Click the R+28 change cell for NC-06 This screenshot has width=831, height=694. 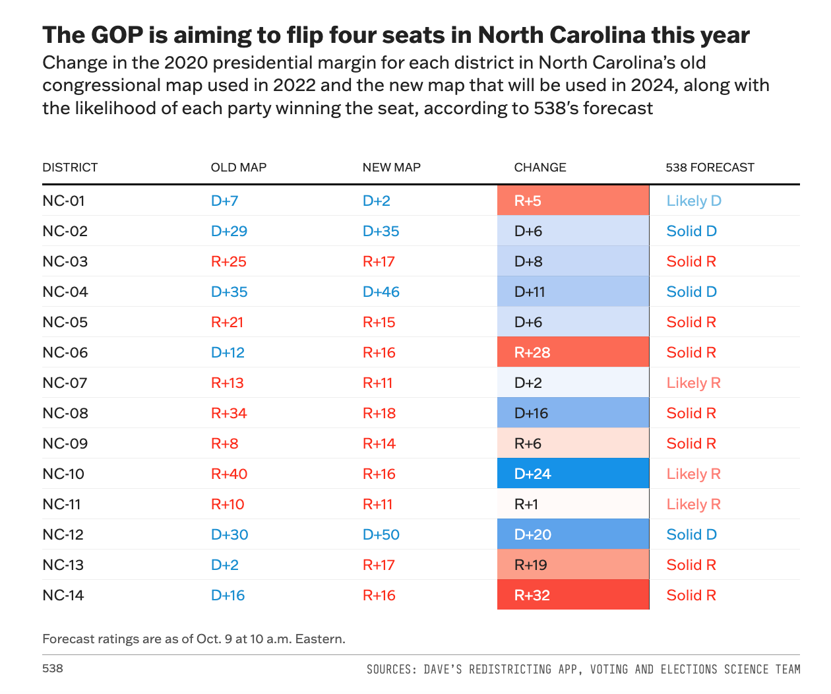click(572, 352)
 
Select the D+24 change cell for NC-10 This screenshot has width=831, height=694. click(572, 474)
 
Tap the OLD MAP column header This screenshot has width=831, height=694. click(238, 168)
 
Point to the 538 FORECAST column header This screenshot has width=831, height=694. click(710, 168)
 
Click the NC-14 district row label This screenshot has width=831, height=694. click(63, 595)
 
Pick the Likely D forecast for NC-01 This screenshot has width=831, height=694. click(694, 201)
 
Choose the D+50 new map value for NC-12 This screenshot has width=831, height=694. click(381, 534)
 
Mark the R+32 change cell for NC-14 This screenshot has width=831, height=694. click(572, 595)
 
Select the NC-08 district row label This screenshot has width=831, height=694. click(65, 413)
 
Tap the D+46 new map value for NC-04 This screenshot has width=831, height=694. click(381, 292)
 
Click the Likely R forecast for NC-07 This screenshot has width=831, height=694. click(693, 383)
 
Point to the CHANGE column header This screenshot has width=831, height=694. click(540, 168)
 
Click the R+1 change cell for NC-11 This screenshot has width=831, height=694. click(572, 504)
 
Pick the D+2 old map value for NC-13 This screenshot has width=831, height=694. click(225, 565)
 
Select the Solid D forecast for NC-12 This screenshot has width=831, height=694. click(691, 534)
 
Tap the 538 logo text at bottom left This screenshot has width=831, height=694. click(53, 668)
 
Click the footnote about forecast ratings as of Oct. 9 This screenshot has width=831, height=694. click(194, 639)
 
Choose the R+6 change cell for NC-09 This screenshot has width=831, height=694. click(572, 443)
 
